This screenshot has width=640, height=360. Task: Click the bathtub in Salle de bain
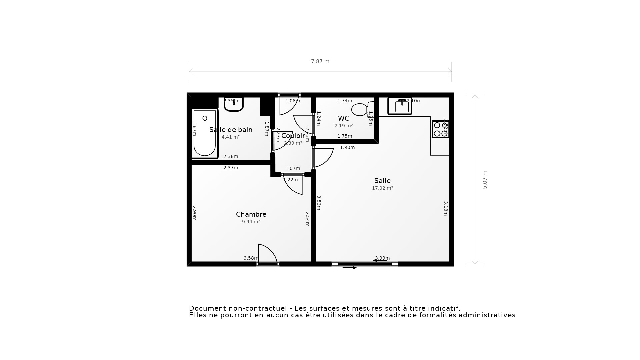point(205,133)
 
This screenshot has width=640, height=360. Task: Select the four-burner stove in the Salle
point(440,129)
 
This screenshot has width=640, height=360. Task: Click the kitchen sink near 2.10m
point(400,106)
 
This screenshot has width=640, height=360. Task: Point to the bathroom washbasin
point(234,104)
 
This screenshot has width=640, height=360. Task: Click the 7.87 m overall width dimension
point(320,62)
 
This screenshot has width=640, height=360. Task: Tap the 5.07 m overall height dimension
point(485,180)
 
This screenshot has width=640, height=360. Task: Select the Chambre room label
point(251,214)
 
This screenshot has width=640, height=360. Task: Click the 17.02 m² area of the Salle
point(382,188)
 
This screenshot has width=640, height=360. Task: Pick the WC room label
point(343,118)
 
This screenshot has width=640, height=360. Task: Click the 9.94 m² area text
point(251,222)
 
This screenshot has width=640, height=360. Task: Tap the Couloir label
point(293,136)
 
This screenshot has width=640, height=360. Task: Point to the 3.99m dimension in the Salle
point(382,258)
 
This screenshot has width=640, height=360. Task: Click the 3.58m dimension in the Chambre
point(251,258)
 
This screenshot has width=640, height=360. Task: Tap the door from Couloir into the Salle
point(323,157)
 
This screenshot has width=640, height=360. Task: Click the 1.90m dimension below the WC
point(347,147)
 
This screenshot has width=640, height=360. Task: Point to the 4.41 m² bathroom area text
point(231,137)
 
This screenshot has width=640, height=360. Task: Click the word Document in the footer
point(204,308)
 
